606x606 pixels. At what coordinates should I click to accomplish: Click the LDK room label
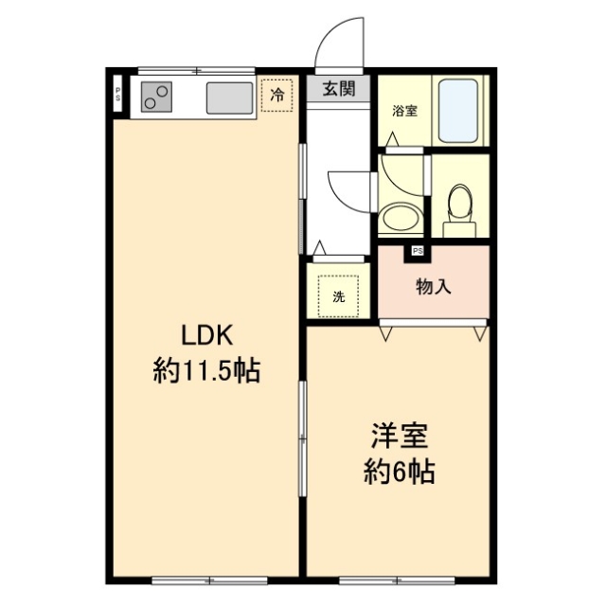pos(207,335)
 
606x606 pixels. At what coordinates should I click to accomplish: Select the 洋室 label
pos(400,437)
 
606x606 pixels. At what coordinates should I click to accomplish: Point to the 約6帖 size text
pos(400,472)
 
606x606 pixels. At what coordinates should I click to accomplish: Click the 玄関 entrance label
pos(338,90)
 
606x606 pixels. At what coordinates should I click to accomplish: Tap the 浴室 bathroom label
pos(405,111)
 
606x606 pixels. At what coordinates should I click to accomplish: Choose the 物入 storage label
pos(433,286)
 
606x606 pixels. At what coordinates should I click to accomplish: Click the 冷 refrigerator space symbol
pos(277,95)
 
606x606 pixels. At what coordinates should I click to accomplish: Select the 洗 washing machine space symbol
pos(338,295)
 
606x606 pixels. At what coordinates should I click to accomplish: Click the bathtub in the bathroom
pos(458,110)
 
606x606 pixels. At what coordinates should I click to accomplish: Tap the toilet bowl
pos(460,201)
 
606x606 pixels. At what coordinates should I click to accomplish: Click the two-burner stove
pos(157,95)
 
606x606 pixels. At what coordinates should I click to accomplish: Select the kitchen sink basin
pos(228,96)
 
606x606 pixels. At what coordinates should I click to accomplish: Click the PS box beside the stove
pos(118,94)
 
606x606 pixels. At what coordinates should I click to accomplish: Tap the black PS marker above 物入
pos(417,251)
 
